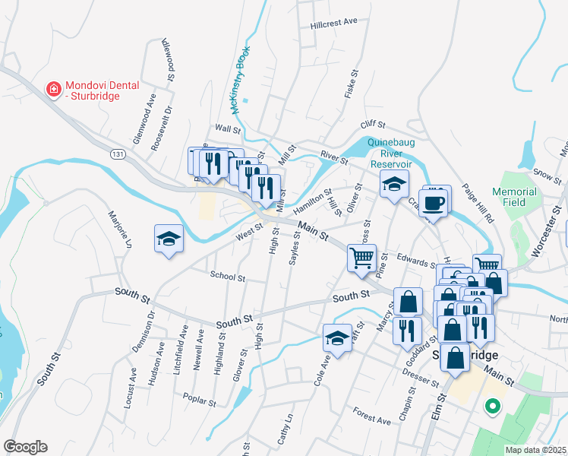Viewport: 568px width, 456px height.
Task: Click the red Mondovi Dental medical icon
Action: (x=54, y=90)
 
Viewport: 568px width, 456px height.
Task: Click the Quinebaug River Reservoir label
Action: (x=390, y=153)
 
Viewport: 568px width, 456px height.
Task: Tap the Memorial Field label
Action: (x=514, y=198)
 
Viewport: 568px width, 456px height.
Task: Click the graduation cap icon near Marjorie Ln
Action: (x=168, y=239)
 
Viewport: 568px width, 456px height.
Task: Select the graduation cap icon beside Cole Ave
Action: (x=337, y=339)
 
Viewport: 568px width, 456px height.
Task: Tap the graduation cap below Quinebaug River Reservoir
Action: (x=394, y=184)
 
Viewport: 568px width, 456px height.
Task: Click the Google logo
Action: (x=24, y=447)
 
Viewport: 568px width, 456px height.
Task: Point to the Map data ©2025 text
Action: (x=536, y=450)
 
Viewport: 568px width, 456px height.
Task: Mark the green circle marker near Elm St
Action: (x=492, y=406)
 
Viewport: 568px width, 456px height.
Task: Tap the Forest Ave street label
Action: (x=372, y=415)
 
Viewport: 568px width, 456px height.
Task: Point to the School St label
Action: (x=228, y=277)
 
